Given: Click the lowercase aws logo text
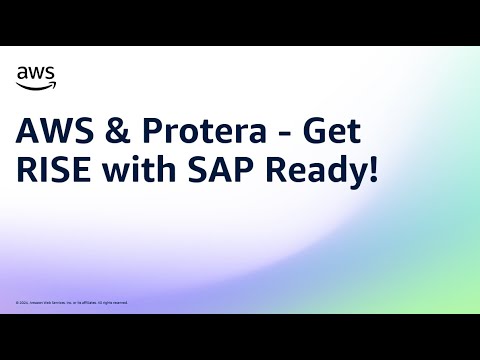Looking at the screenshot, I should [x=36, y=73].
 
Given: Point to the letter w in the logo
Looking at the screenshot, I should [x=36, y=73].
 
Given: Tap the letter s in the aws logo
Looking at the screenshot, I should [x=50, y=73].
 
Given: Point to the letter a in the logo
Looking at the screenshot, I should [x=22, y=73].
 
